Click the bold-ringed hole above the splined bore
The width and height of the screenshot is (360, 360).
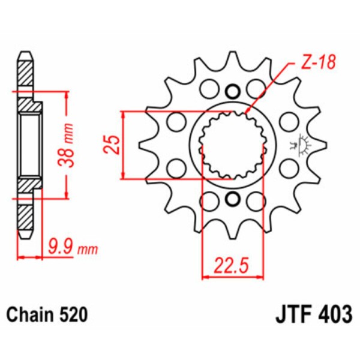coord(233,92)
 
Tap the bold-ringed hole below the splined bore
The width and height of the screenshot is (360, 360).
coord(233,199)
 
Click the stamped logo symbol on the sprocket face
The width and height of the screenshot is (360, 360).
coord(298,145)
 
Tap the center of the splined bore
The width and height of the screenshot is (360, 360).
coord(233,145)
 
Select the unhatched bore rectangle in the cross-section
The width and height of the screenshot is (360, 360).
coord(29,145)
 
